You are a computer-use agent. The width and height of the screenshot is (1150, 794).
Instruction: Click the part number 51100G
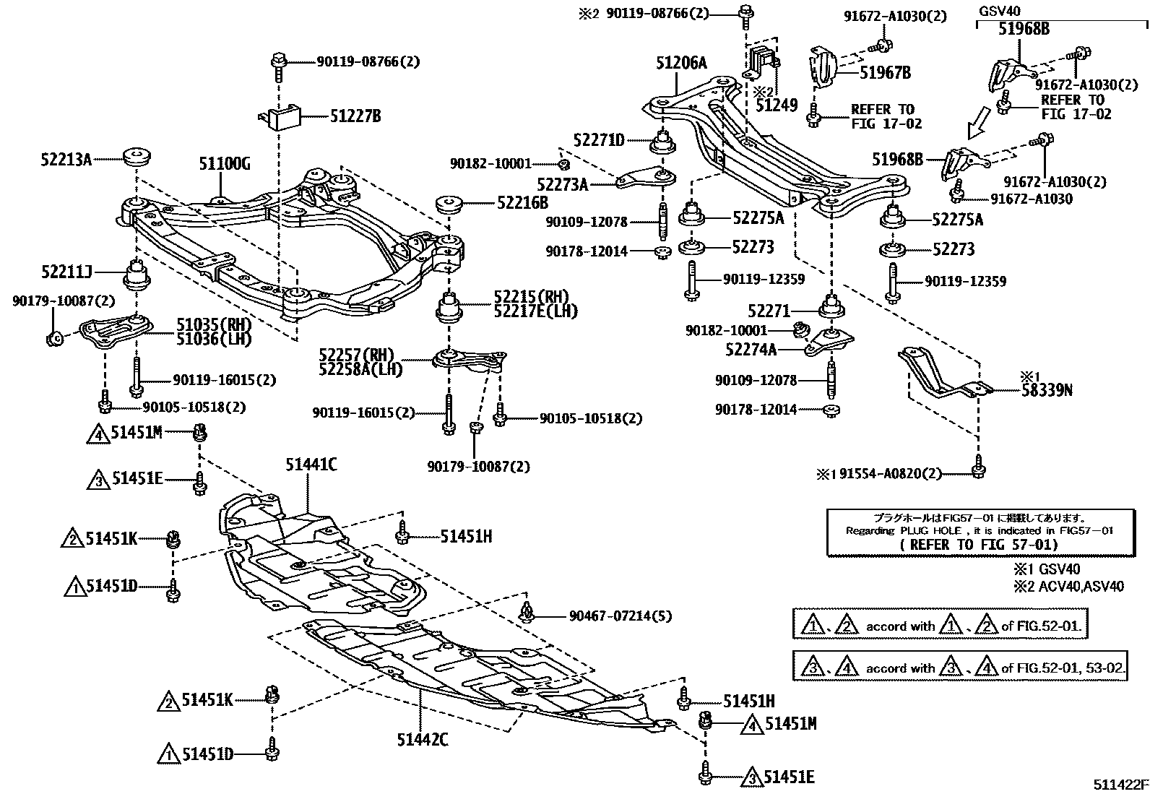[225, 165]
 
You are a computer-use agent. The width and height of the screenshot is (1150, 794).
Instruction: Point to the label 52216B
[522, 204]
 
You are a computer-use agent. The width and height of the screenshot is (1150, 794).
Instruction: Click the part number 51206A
[681, 64]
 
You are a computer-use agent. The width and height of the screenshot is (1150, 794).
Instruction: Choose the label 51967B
[885, 72]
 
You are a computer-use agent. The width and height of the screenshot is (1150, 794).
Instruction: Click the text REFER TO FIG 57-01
[979, 545]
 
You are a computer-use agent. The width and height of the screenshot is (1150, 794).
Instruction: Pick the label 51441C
[311, 465]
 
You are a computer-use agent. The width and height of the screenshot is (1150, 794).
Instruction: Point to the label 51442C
[423, 739]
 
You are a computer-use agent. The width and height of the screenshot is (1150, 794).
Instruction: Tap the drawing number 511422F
[1119, 785]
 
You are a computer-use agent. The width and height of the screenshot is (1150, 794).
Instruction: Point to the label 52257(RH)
[357, 355]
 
